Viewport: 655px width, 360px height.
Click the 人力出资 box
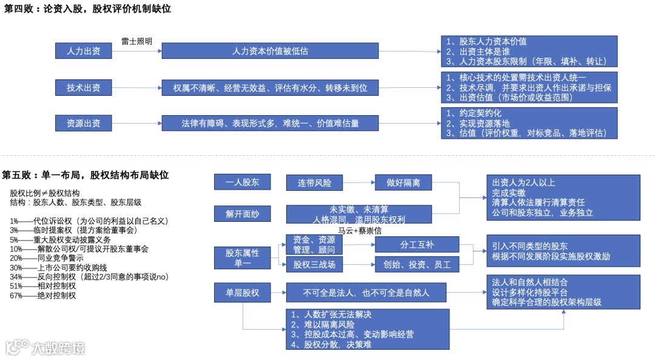coord(83,51)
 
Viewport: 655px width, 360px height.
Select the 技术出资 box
coord(83,87)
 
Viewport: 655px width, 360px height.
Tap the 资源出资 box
coord(83,123)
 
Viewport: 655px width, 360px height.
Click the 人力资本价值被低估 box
coord(270,51)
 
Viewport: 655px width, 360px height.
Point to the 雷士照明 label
coord(136,41)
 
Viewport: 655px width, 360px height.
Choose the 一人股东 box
coord(242,182)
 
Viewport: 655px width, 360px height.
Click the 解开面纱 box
coord(242,214)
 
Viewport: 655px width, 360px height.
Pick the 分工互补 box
coord(417,245)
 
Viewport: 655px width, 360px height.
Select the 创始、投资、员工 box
coord(417,264)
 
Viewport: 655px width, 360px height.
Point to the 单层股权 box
coord(242,293)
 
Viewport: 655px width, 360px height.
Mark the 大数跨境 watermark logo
coord(45,347)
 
